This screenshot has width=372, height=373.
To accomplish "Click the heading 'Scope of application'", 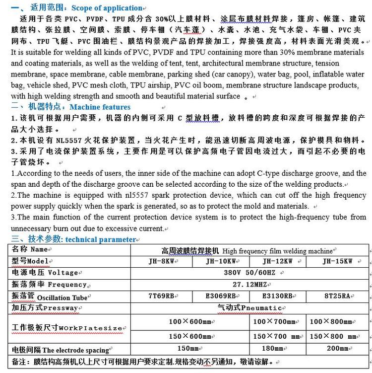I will coord(107,8).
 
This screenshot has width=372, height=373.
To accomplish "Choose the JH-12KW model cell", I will coord(277,261).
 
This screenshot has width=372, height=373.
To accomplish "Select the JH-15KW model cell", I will coord(337,261).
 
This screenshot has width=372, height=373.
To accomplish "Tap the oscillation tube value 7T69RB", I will coord(161,296).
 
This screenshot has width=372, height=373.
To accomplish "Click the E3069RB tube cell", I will coord(221,296).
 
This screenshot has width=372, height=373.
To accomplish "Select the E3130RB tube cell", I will coord(277,296).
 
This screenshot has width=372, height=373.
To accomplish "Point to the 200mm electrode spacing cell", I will coord(337,348).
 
